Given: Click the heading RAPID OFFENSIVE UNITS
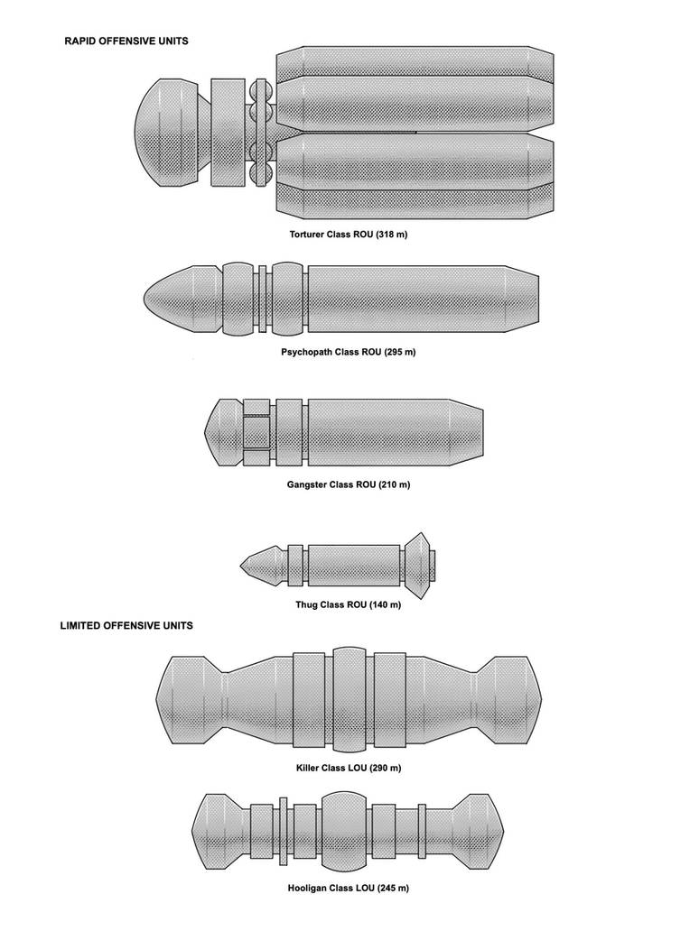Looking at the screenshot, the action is click(126, 41).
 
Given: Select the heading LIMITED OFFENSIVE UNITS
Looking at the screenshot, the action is click(126, 625).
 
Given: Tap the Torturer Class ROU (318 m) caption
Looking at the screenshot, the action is click(349, 235).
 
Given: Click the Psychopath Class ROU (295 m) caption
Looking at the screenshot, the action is click(349, 352).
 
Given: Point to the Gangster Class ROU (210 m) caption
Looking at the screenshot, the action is click(349, 484).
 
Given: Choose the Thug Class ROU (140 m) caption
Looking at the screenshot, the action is click(349, 605).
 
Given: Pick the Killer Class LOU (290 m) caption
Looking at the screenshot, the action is click(349, 768).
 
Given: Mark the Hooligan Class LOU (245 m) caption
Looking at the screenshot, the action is click(349, 889).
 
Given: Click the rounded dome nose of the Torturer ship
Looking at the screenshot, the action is click(168, 133).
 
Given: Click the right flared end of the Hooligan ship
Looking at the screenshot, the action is click(477, 831).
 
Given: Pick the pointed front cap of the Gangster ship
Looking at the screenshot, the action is click(223, 432).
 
